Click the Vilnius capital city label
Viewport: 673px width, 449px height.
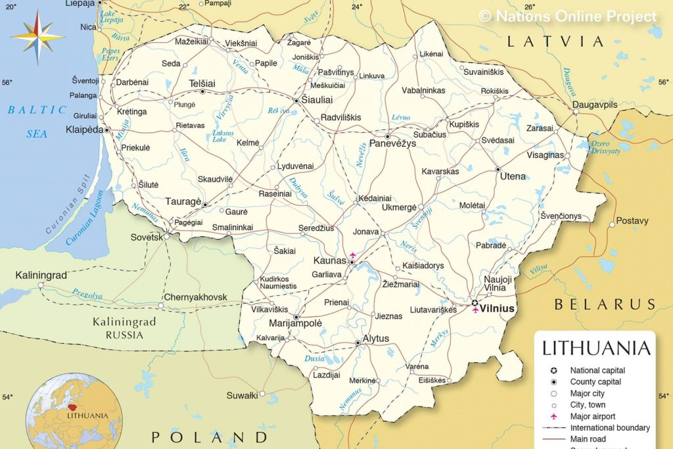[x=497, y=308]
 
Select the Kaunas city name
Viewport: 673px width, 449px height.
[x=329, y=261]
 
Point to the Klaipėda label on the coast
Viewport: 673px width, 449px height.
[x=84, y=130]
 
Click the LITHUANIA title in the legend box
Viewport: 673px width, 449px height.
[x=596, y=348]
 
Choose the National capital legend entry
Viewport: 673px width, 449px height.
[x=597, y=370]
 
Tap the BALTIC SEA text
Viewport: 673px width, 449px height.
[x=37, y=121]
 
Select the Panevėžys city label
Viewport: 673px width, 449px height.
[x=392, y=143]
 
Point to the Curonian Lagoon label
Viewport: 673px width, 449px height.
[x=85, y=218]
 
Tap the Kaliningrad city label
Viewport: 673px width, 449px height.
[x=41, y=275]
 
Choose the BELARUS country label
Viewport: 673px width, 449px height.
[x=605, y=304]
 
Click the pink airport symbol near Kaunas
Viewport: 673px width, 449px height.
[x=354, y=255]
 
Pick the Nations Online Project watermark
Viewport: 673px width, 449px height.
[x=568, y=16]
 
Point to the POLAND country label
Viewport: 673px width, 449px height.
[x=210, y=437]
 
